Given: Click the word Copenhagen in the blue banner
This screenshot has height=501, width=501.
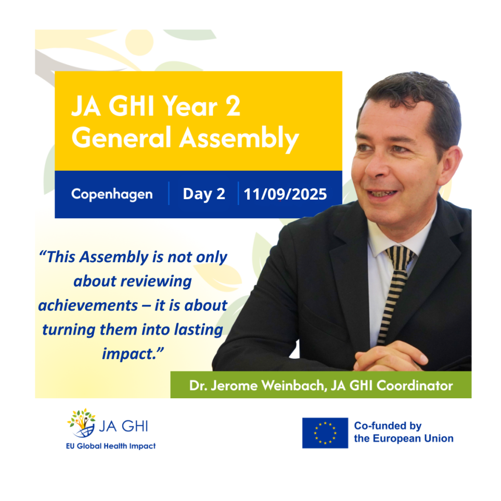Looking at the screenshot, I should point(112,194).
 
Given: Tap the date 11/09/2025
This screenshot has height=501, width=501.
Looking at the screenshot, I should point(285,194).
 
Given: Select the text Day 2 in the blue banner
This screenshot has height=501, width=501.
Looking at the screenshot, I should point(204,194).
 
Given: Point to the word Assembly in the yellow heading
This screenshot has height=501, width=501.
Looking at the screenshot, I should point(239,139).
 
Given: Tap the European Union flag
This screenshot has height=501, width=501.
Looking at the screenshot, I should point(325,433).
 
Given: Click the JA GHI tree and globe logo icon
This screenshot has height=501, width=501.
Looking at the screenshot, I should point(81,423).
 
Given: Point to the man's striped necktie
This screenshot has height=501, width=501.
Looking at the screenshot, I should point(395,289).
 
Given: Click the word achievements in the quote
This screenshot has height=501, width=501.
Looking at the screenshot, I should point(88,306).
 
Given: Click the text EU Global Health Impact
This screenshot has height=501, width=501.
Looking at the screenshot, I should point(112,446).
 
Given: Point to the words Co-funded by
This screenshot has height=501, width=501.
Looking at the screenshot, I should point(387,426).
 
